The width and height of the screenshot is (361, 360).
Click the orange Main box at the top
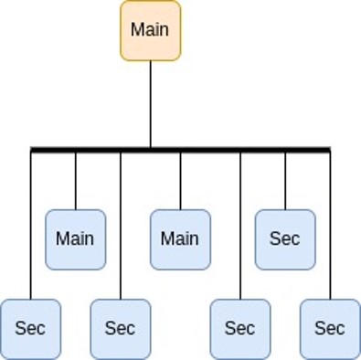[x=151, y=30]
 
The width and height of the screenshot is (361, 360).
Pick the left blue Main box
[x=75, y=239]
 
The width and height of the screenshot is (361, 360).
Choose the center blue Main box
[x=180, y=239]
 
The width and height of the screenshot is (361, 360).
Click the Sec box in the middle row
[x=285, y=239]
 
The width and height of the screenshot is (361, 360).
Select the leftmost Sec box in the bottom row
[x=30, y=328]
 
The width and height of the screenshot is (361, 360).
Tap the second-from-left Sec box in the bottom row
[x=121, y=328]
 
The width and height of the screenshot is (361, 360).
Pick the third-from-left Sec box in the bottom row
[x=240, y=328]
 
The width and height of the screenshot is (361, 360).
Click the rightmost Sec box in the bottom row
[x=330, y=328]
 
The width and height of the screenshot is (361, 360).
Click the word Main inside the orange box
[x=151, y=29]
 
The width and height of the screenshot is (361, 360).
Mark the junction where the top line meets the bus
[x=151, y=148]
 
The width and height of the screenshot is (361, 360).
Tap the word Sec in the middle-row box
[x=285, y=239]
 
